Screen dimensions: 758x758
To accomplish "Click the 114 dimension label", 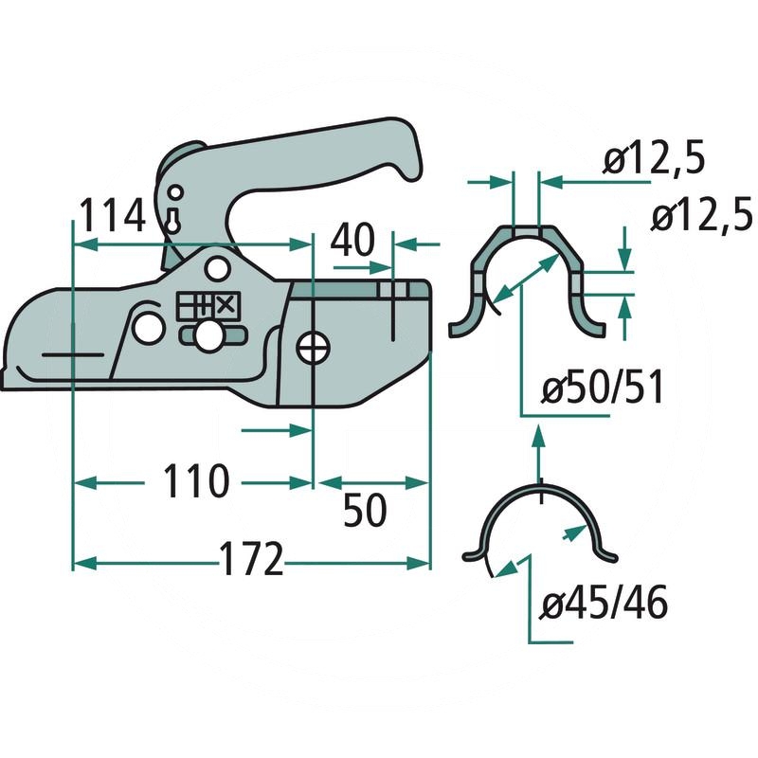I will pos(111,216).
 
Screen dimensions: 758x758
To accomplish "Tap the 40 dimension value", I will pos(352,242).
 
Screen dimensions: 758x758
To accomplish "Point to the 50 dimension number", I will pos(364,512).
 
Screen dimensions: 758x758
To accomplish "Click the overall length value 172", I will pos(251,560).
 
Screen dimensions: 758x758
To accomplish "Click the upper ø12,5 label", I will pos(655,162).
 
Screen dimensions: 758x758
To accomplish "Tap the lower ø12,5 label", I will pos(701,217).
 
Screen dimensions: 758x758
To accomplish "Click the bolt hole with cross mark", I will pos(312,348).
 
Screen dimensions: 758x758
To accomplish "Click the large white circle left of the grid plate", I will pos(148,328).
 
